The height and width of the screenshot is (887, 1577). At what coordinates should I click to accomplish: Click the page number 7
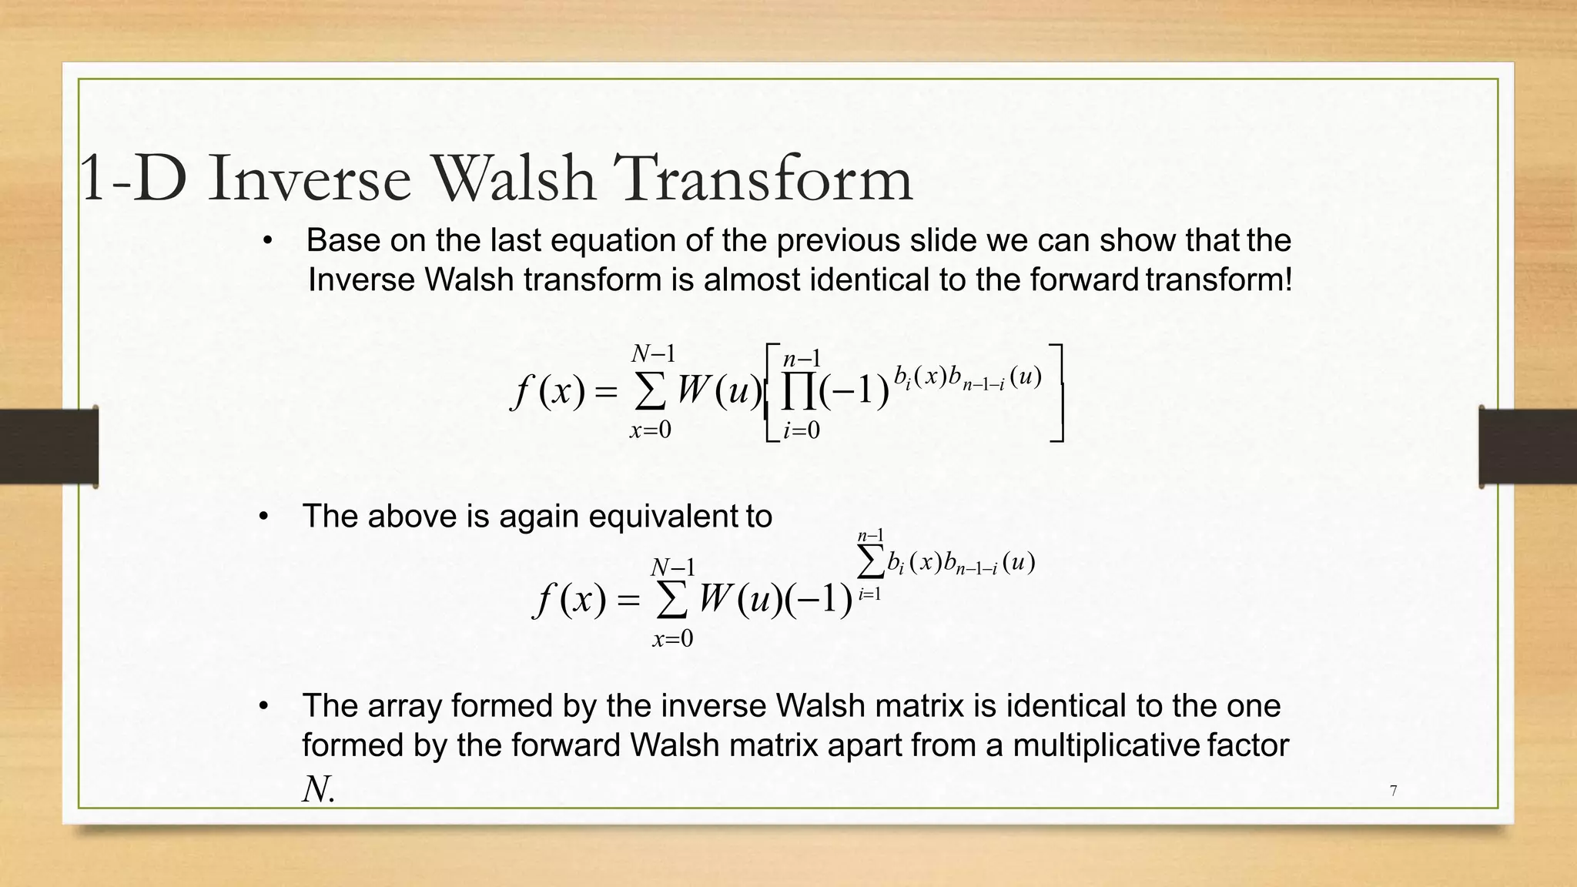[x=1393, y=791]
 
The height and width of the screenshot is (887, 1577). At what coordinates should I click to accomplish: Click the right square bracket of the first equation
[x=1057, y=393]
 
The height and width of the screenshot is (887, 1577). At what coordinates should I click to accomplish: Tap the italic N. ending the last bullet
[x=319, y=789]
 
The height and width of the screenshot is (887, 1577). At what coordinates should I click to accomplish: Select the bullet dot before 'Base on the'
[x=267, y=241]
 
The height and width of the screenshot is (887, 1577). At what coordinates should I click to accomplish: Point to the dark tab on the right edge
[x=1527, y=447]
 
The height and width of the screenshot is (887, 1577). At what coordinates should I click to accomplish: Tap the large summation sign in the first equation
[x=651, y=393]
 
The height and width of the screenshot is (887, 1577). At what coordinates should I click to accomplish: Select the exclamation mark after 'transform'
[x=1287, y=279]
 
